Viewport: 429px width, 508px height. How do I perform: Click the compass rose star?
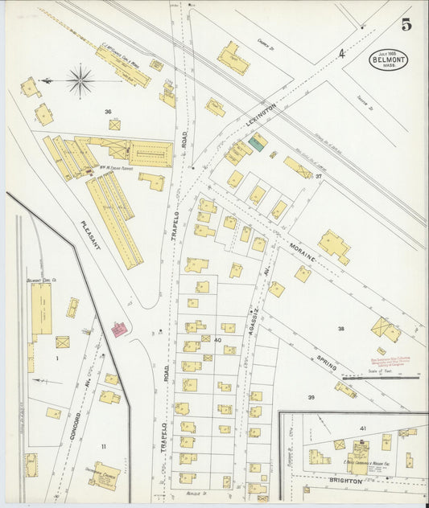[80, 80]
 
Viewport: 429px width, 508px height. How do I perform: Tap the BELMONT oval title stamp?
[390, 59]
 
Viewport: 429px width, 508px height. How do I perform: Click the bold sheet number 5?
[407, 23]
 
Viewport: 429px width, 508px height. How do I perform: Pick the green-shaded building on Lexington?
[258, 142]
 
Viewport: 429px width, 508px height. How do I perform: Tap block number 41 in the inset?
[363, 428]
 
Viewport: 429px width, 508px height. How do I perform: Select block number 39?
[311, 397]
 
